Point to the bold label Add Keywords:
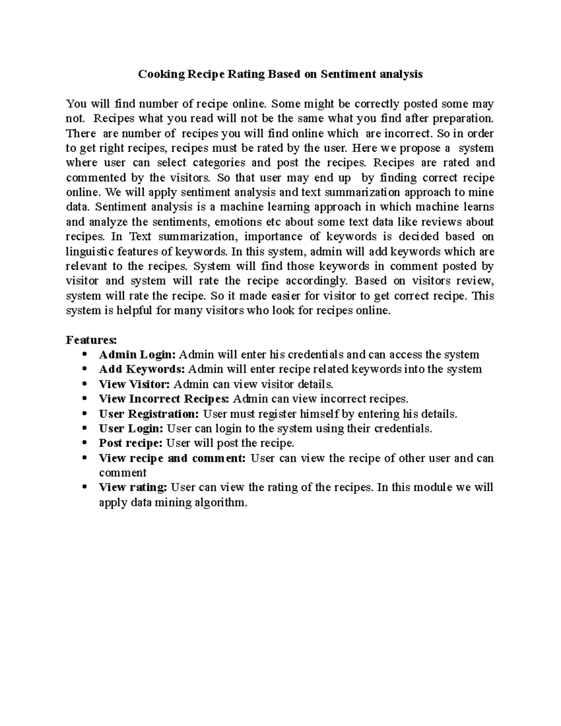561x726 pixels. (x=142, y=369)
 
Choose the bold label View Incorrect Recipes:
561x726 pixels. (x=164, y=399)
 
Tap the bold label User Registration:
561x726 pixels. (x=149, y=414)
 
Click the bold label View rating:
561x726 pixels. (x=133, y=488)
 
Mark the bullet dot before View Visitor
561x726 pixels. (x=84, y=384)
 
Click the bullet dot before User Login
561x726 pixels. (x=84, y=428)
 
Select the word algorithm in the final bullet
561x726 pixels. (x=221, y=503)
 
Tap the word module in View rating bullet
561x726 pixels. (x=430, y=488)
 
